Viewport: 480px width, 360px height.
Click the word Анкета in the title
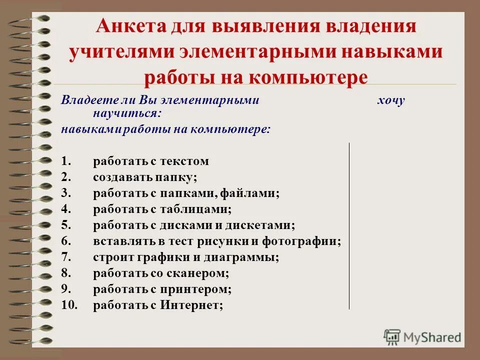click(131, 26)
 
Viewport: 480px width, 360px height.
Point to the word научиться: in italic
click(127, 113)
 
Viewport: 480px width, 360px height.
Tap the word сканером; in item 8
click(201, 273)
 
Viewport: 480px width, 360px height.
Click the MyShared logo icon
click(391, 336)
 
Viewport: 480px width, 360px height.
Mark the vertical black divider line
click(349, 225)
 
